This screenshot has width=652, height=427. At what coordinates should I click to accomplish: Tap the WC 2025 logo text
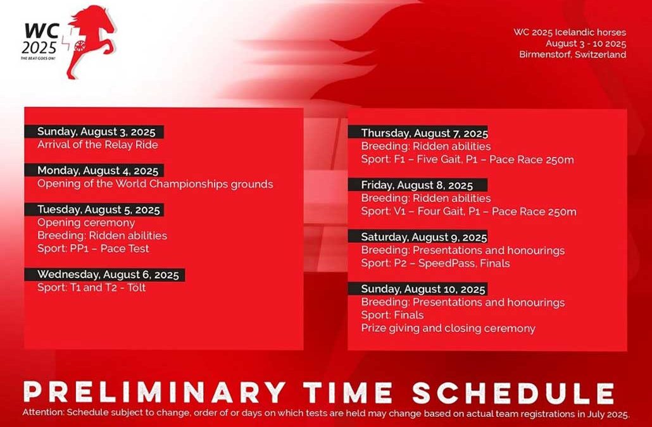39,39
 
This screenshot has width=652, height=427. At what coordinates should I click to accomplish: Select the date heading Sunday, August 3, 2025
96,132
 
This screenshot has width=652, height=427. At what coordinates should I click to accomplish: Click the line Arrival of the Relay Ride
97,145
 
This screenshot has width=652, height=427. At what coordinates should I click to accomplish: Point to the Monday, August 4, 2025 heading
97,171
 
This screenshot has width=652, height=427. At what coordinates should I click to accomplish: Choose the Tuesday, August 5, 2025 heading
99,210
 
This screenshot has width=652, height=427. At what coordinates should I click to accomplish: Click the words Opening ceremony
86,223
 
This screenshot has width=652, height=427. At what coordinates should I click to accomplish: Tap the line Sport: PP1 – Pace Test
93,249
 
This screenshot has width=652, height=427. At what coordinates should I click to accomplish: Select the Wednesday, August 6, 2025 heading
108,275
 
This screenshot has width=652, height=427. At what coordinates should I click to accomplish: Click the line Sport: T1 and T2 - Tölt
92,287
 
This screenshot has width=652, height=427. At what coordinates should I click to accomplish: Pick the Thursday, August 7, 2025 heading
424,133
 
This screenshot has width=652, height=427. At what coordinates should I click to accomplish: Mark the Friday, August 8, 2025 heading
417,185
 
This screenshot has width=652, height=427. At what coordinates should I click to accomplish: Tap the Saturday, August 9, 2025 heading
423,237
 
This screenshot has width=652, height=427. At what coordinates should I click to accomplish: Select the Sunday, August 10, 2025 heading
423,289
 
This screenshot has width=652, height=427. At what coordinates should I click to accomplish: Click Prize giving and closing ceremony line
448,328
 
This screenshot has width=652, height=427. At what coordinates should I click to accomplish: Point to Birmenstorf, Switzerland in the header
573,54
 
